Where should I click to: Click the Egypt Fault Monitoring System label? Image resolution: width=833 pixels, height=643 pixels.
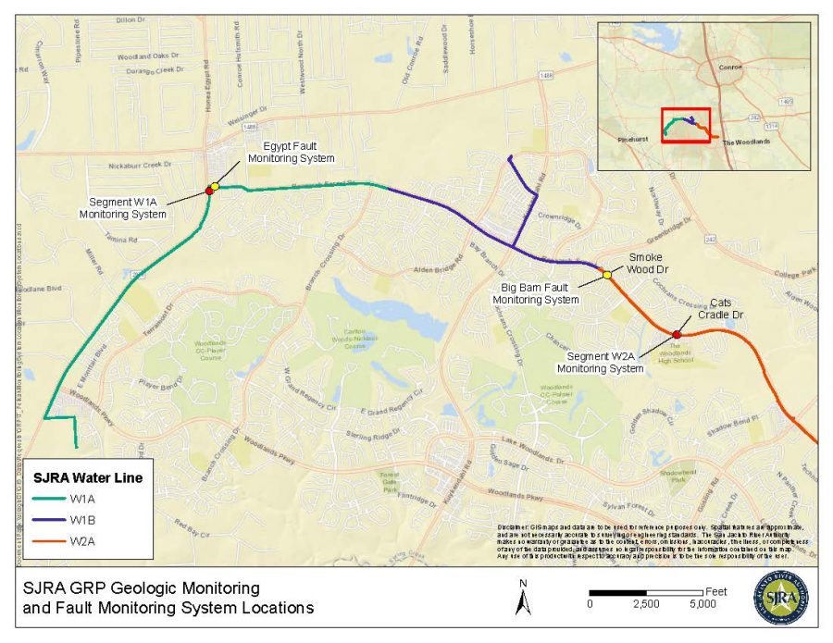pos(291,153)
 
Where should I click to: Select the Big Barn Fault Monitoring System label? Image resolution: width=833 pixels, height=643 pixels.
pos(536,293)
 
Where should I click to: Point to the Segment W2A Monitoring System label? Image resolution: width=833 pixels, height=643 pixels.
pos(606,362)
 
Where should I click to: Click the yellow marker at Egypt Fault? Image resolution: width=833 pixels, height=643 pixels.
pos(215,187)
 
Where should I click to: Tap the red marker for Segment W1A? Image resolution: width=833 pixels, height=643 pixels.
pos(209,191)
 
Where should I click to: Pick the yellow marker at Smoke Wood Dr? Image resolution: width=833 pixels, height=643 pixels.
pos(607,274)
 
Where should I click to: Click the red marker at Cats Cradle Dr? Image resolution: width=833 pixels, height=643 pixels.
pos(677,334)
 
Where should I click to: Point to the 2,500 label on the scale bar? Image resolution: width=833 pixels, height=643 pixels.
pos(645,604)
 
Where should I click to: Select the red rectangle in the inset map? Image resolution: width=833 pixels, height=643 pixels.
pos(685,125)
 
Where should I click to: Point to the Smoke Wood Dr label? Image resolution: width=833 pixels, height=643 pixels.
pos(648,264)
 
